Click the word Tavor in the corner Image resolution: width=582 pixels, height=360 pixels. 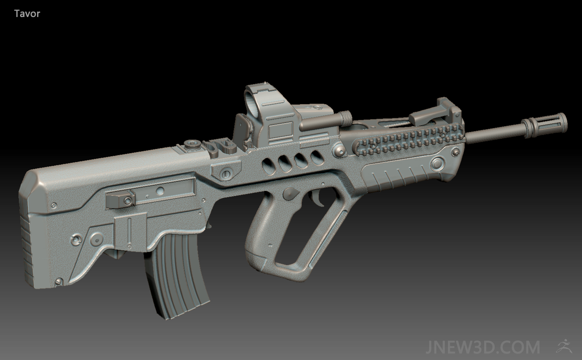pyautogui.click(x=27, y=14)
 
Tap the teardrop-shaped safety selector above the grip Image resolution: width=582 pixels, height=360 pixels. pyautogui.click(x=291, y=194)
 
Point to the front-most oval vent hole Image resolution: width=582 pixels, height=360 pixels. pyautogui.click(x=317, y=157)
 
